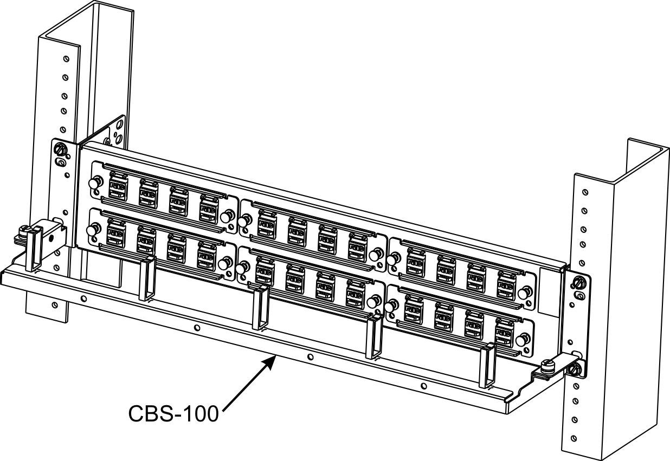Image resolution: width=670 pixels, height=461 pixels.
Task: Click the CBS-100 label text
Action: [x=173, y=414]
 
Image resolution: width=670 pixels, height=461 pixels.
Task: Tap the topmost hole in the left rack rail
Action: [x=66, y=59]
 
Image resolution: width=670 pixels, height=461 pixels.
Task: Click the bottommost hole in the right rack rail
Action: [x=574, y=438]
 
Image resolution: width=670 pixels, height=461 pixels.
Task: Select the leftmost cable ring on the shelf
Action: [x=33, y=250]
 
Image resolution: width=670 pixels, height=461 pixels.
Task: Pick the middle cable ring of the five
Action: [x=261, y=307]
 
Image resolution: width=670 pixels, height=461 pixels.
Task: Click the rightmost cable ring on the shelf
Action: [x=487, y=367]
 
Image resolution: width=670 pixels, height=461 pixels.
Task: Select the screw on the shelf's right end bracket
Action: [x=548, y=367]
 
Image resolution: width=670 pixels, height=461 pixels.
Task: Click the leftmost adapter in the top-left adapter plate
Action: [x=118, y=185]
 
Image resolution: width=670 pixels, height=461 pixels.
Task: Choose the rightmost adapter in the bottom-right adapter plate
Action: [x=505, y=333]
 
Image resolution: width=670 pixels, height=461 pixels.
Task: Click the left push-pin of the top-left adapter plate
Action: [x=95, y=183]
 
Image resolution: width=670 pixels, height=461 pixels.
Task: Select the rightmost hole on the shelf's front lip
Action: [x=423, y=386]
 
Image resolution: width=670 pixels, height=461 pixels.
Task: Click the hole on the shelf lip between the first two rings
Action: [x=84, y=298]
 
